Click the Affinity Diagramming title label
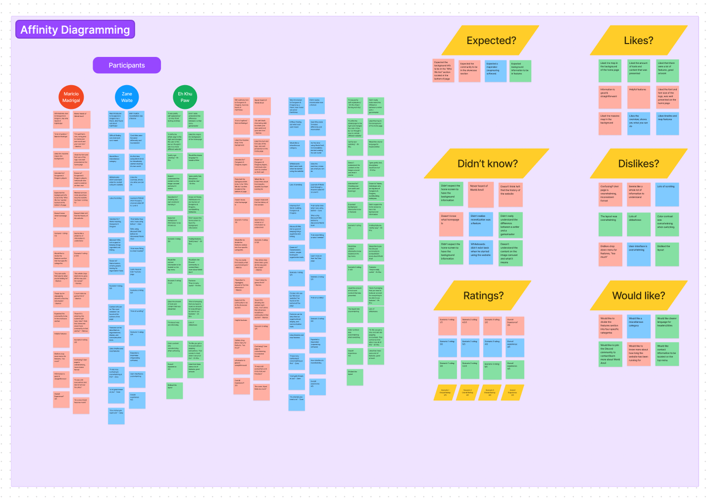pyautogui.click(x=75, y=30)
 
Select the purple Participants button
pyautogui.click(x=127, y=65)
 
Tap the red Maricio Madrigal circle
pyautogui.click(x=71, y=97)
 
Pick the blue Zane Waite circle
pyautogui.click(x=127, y=97)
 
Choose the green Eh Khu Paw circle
pyautogui.click(x=185, y=97)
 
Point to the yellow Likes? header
pyautogui.click(x=638, y=41)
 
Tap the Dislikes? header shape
pyautogui.click(x=638, y=164)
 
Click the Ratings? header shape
pyautogui.click(x=483, y=296)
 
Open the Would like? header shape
pyautogui.click(x=638, y=296)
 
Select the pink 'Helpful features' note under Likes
pyautogui.click(x=639, y=97)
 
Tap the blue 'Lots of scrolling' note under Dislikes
pyautogui.click(x=667, y=194)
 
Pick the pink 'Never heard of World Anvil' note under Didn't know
pyautogui.click(x=481, y=194)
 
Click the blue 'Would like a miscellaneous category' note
pyautogui.click(x=639, y=325)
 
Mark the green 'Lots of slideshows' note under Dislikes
pyautogui.click(x=639, y=224)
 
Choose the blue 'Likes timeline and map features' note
pyautogui.click(x=667, y=123)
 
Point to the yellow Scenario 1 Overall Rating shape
pyautogui.click(x=445, y=393)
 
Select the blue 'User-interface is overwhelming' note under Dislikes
pyautogui.click(x=639, y=254)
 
